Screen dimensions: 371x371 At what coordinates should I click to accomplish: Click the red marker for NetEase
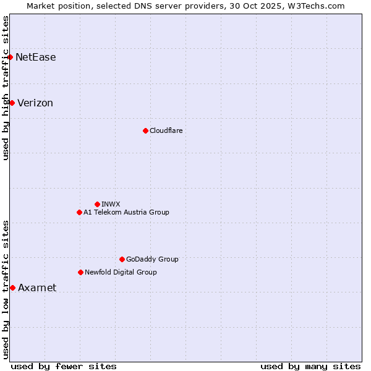[x=11, y=58]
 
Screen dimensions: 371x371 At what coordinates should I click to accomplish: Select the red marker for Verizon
[x=12, y=103]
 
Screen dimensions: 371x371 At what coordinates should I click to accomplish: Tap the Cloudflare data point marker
[x=145, y=130]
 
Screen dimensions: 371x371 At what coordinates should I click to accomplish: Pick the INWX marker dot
[x=97, y=204]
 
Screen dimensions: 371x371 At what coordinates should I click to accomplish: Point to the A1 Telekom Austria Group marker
[x=79, y=212]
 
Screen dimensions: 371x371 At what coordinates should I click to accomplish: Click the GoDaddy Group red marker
[x=122, y=259]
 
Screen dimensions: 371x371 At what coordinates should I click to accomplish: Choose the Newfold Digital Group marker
[x=80, y=272]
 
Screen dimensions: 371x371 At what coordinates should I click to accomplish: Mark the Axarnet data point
[x=12, y=288]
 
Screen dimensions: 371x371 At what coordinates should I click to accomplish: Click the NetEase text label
[x=36, y=58]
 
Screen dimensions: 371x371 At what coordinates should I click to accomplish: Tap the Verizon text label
[x=35, y=103]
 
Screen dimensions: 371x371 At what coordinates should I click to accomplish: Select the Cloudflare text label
[x=166, y=130]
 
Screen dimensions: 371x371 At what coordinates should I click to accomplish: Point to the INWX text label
[x=111, y=204]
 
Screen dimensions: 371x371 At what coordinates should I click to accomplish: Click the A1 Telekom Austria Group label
[x=126, y=212]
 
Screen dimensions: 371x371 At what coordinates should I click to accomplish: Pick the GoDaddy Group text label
[x=152, y=259]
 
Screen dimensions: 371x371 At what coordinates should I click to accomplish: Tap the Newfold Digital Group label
[x=121, y=272]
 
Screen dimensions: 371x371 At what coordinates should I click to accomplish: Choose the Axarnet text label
[x=37, y=288]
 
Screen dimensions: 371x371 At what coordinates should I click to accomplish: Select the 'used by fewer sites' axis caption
[x=64, y=366]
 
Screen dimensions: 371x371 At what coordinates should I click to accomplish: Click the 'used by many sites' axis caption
[x=310, y=366]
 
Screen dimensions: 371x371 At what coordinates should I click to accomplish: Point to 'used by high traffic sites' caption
[x=6, y=88]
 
